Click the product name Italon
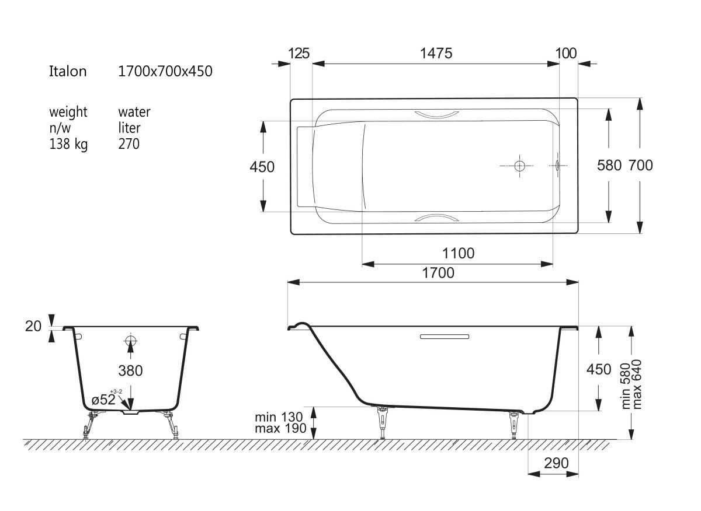point(68,72)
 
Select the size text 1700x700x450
point(165,72)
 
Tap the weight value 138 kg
point(68,145)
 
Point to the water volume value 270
point(129,144)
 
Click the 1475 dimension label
point(436,54)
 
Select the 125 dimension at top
point(299,54)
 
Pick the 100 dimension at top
point(566,54)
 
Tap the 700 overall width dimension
point(641,165)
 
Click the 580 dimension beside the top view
point(609,165)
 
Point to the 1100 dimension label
point(458,253)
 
